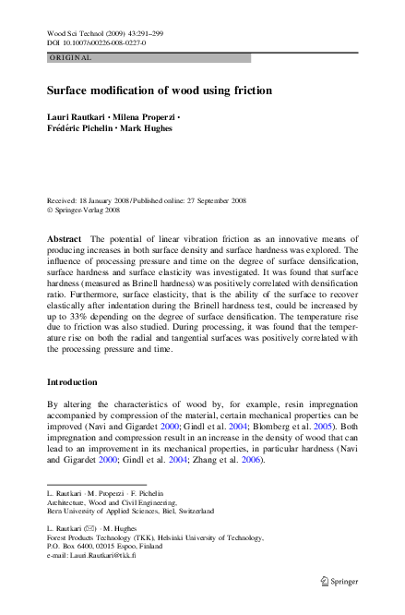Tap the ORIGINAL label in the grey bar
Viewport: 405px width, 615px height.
(70, 57)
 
